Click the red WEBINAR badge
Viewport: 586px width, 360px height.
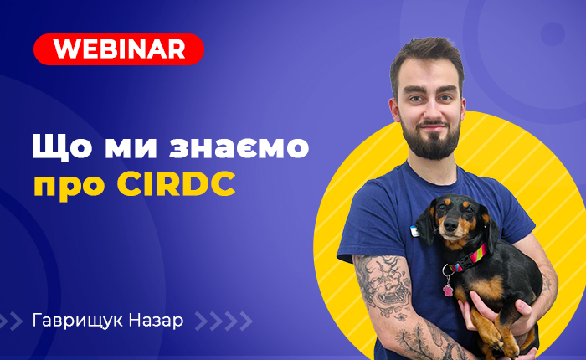point(119,49)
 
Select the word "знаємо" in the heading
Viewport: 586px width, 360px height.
point(239,147)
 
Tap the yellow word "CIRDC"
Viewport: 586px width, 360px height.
point(177,183)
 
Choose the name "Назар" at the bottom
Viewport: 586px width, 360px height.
point(156,321)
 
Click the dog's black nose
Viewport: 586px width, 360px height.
point(450,224)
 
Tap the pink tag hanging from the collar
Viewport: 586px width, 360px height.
point(448,291)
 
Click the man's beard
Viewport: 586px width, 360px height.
point(431,138)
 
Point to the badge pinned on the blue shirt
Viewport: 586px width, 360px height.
point(414,231)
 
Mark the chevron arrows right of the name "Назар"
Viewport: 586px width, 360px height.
point(224,321)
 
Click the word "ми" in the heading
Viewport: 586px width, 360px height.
point(131,147)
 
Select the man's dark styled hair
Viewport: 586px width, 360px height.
point(427,60)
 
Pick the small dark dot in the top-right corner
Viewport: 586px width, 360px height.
point(553,34)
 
